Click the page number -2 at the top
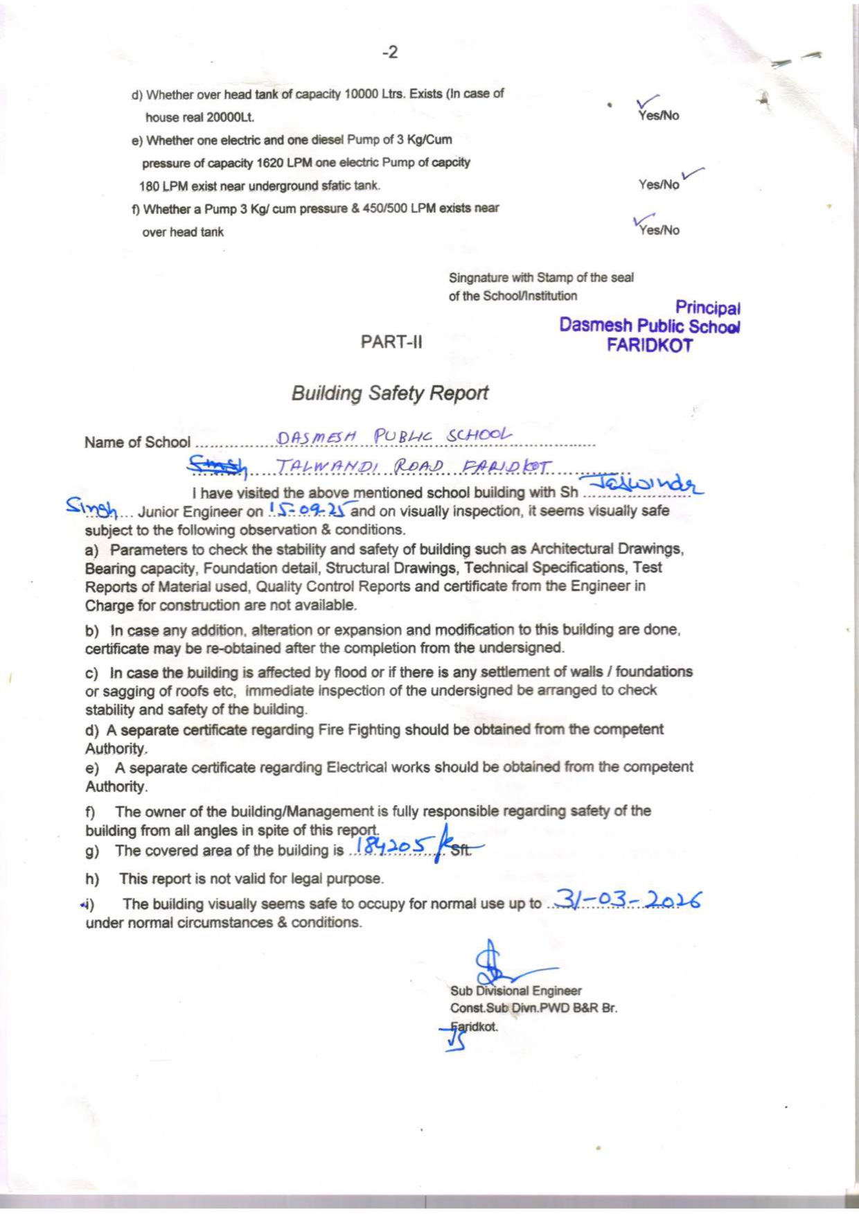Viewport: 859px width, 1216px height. [x=391, y=53]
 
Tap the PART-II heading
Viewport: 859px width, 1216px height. [x=391, y=342]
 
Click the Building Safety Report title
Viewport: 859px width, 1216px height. [x=390, y=393]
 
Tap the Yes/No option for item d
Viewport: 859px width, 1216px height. [x=659, y=116]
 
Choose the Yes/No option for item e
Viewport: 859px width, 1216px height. [x=659, y=184]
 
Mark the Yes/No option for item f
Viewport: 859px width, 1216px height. [x=659, y=230]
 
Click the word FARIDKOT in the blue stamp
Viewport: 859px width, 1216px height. [x=650, y=345]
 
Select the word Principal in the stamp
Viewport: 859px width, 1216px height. [x=708, y=307]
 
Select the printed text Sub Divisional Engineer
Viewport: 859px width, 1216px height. [x=515, y=991]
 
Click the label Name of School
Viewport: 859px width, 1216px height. [x=137, y=442]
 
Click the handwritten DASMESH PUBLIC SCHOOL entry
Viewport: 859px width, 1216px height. [x=394, y=437]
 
